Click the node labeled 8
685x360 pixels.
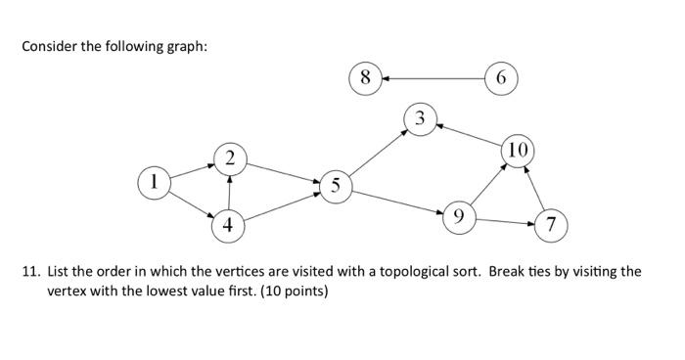click(x=365, y=77)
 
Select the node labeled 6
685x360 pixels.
click(x=501, y=77)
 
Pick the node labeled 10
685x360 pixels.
click(x=518, y=150)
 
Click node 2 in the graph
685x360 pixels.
click(x=229, y=157)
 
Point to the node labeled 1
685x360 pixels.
click(x=154, y=181)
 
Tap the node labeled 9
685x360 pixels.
click(x=457, y=216)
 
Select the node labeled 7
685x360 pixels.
click(x=551, y=225)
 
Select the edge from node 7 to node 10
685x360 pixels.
click(x=535, y=189)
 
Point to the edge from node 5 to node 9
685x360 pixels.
click(x=395, y=200)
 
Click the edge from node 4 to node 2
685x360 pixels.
click(x=229, y=191)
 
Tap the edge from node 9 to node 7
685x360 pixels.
click(x=504, y=221)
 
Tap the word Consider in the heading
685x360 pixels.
click(x=48, y=48)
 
